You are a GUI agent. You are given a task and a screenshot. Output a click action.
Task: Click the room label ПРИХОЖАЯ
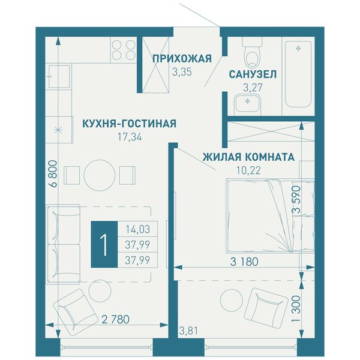pos(182,59)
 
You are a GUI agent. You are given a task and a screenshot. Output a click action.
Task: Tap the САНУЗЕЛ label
pos(253,74)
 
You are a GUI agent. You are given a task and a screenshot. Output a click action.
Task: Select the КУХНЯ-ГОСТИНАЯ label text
pos(130,124)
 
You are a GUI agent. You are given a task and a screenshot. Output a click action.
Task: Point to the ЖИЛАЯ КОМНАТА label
pos(248,157)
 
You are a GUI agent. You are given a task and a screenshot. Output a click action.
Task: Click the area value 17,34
pos(130,137)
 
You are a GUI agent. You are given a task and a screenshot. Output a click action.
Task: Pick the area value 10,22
pos(248,170)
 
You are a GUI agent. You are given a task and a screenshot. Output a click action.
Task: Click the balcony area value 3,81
pos(188,331)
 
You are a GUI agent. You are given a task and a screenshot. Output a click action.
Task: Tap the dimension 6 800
pos(53,174)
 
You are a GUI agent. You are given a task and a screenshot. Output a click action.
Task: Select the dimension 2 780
pos(115,319)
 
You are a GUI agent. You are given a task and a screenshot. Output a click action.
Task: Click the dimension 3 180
pos(244,262)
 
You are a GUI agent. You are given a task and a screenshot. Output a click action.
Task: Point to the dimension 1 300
pos(296,308)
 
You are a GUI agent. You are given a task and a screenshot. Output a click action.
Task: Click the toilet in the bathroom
pos(252,52)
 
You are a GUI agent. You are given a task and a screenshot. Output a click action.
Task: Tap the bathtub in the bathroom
pos(298,74)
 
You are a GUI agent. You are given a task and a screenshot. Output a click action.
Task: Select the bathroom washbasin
pos(247,105)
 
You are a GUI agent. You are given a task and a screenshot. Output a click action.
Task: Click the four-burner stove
pos(124,50)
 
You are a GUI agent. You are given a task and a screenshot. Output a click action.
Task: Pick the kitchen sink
pos(59,76)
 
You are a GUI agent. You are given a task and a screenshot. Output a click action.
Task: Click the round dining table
pos(100,175)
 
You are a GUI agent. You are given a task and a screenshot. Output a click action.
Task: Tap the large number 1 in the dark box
pos(104,245)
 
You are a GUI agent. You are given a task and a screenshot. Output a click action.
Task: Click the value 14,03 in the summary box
pos(138,229)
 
